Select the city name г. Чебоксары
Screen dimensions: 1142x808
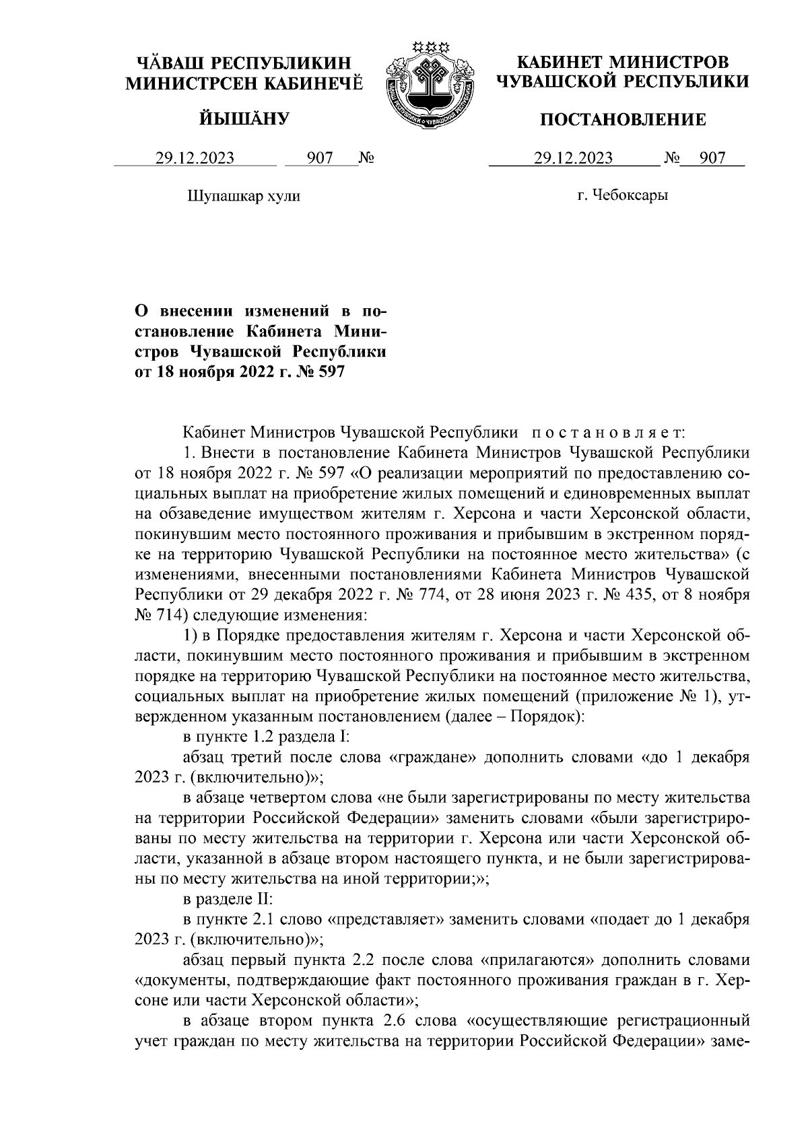coord(623,196)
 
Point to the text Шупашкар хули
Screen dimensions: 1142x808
coord(242,196)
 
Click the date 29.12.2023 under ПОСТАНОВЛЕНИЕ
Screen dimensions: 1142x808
coord(573,159)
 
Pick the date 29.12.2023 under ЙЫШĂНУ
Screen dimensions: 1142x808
coord(195,159)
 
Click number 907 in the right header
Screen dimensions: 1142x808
coord(712,159)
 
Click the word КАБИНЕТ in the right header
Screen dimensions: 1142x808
coord(557,63)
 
